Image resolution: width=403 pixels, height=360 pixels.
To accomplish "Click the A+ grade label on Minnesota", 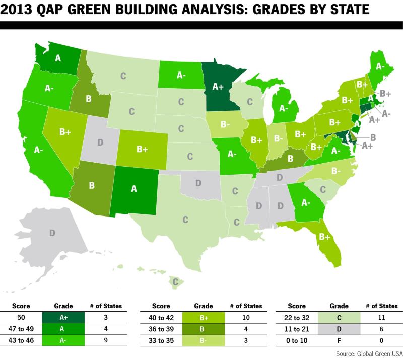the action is pos(218,87).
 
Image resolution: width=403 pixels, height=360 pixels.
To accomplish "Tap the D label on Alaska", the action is pos(52,233).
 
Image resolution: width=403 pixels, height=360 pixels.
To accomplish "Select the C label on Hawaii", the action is pos(175,282).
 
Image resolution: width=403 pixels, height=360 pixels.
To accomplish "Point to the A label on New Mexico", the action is pos(134,189).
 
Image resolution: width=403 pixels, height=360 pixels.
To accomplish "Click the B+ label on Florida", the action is pos(324,237).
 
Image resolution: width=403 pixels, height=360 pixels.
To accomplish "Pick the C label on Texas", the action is pos(185,220).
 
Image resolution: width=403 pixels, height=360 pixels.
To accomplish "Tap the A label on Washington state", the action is pos(58,58).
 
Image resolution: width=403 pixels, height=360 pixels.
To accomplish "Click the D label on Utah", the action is pos(100,142).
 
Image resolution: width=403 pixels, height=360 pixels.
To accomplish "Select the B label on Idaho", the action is pos(89,98).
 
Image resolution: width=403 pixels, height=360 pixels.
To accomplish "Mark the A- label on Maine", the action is pos(380,66).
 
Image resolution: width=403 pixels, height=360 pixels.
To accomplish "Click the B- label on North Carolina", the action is pos(336,171).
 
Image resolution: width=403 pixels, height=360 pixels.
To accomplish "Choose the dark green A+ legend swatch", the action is pos(63,317).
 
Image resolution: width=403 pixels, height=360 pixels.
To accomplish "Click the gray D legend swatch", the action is pos(339,329).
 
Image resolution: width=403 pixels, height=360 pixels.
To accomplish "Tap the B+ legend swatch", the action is pos(204,318).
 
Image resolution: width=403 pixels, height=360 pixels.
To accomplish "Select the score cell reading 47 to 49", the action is pos(21,329).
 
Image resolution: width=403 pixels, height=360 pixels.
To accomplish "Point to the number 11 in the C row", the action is pos(381,318).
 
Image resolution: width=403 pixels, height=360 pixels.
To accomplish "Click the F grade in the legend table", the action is pos(339,340).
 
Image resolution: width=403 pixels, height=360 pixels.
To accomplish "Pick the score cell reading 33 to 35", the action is pos(161,340).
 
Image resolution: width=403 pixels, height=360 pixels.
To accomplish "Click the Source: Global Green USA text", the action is pos(369,354).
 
